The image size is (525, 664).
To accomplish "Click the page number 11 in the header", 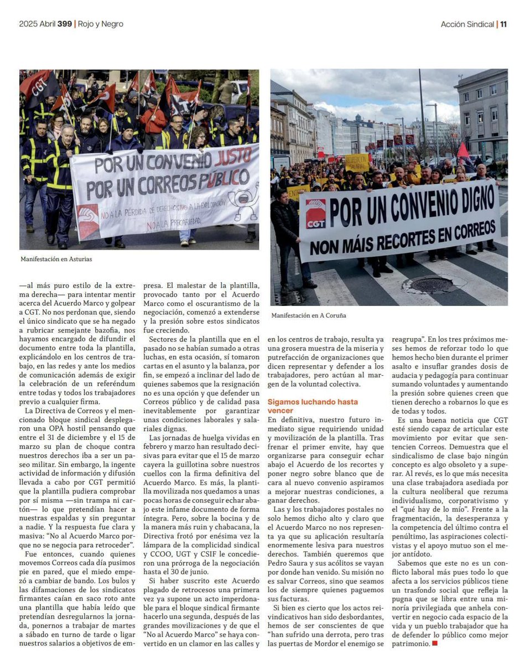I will pyautogui.click(x=503, y=24).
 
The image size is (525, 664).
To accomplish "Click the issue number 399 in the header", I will pyautogui.click(x=64, y=24).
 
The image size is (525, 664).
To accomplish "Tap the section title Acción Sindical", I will pyautogui.click(x=467, y=24).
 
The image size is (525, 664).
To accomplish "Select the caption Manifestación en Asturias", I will pyautogui.click(x=56, y=259).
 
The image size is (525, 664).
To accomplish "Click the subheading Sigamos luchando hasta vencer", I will pyautogui.click(x=313, y=406).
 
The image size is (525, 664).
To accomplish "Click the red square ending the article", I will pyautogui.click(x=435, y=644).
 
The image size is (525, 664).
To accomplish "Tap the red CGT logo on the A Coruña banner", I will pyautogui.click(x=316, y=214).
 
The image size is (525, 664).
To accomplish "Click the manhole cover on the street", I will pyautogui.click(x=431, y=284).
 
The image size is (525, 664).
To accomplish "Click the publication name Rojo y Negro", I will pyautogui.click(x=100, y=24).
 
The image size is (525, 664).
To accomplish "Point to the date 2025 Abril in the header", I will pyautogui.click(x=37, y=24).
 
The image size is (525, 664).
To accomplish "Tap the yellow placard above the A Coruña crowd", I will pyautogui.click(x=357, y=162).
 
